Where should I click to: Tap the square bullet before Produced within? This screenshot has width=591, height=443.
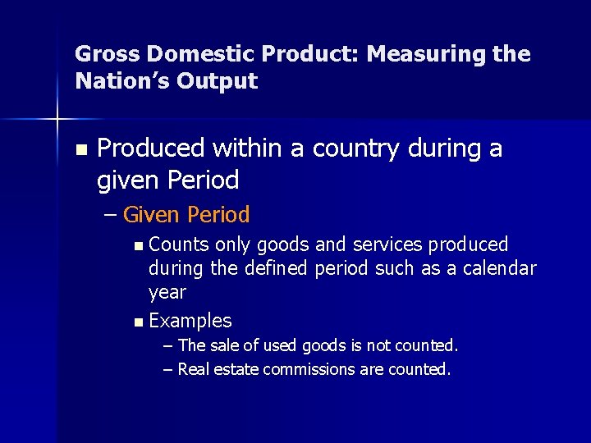(x=80, y=150)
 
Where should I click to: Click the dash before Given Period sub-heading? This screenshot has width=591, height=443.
(x=112, y=215)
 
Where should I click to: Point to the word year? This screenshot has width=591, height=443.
(x=167, y=293)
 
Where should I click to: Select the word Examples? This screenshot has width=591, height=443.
(x=190, y=321)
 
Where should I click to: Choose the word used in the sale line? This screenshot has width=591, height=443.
(x=282, y=345)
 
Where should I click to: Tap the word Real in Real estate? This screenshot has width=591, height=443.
(x=193, y=369)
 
